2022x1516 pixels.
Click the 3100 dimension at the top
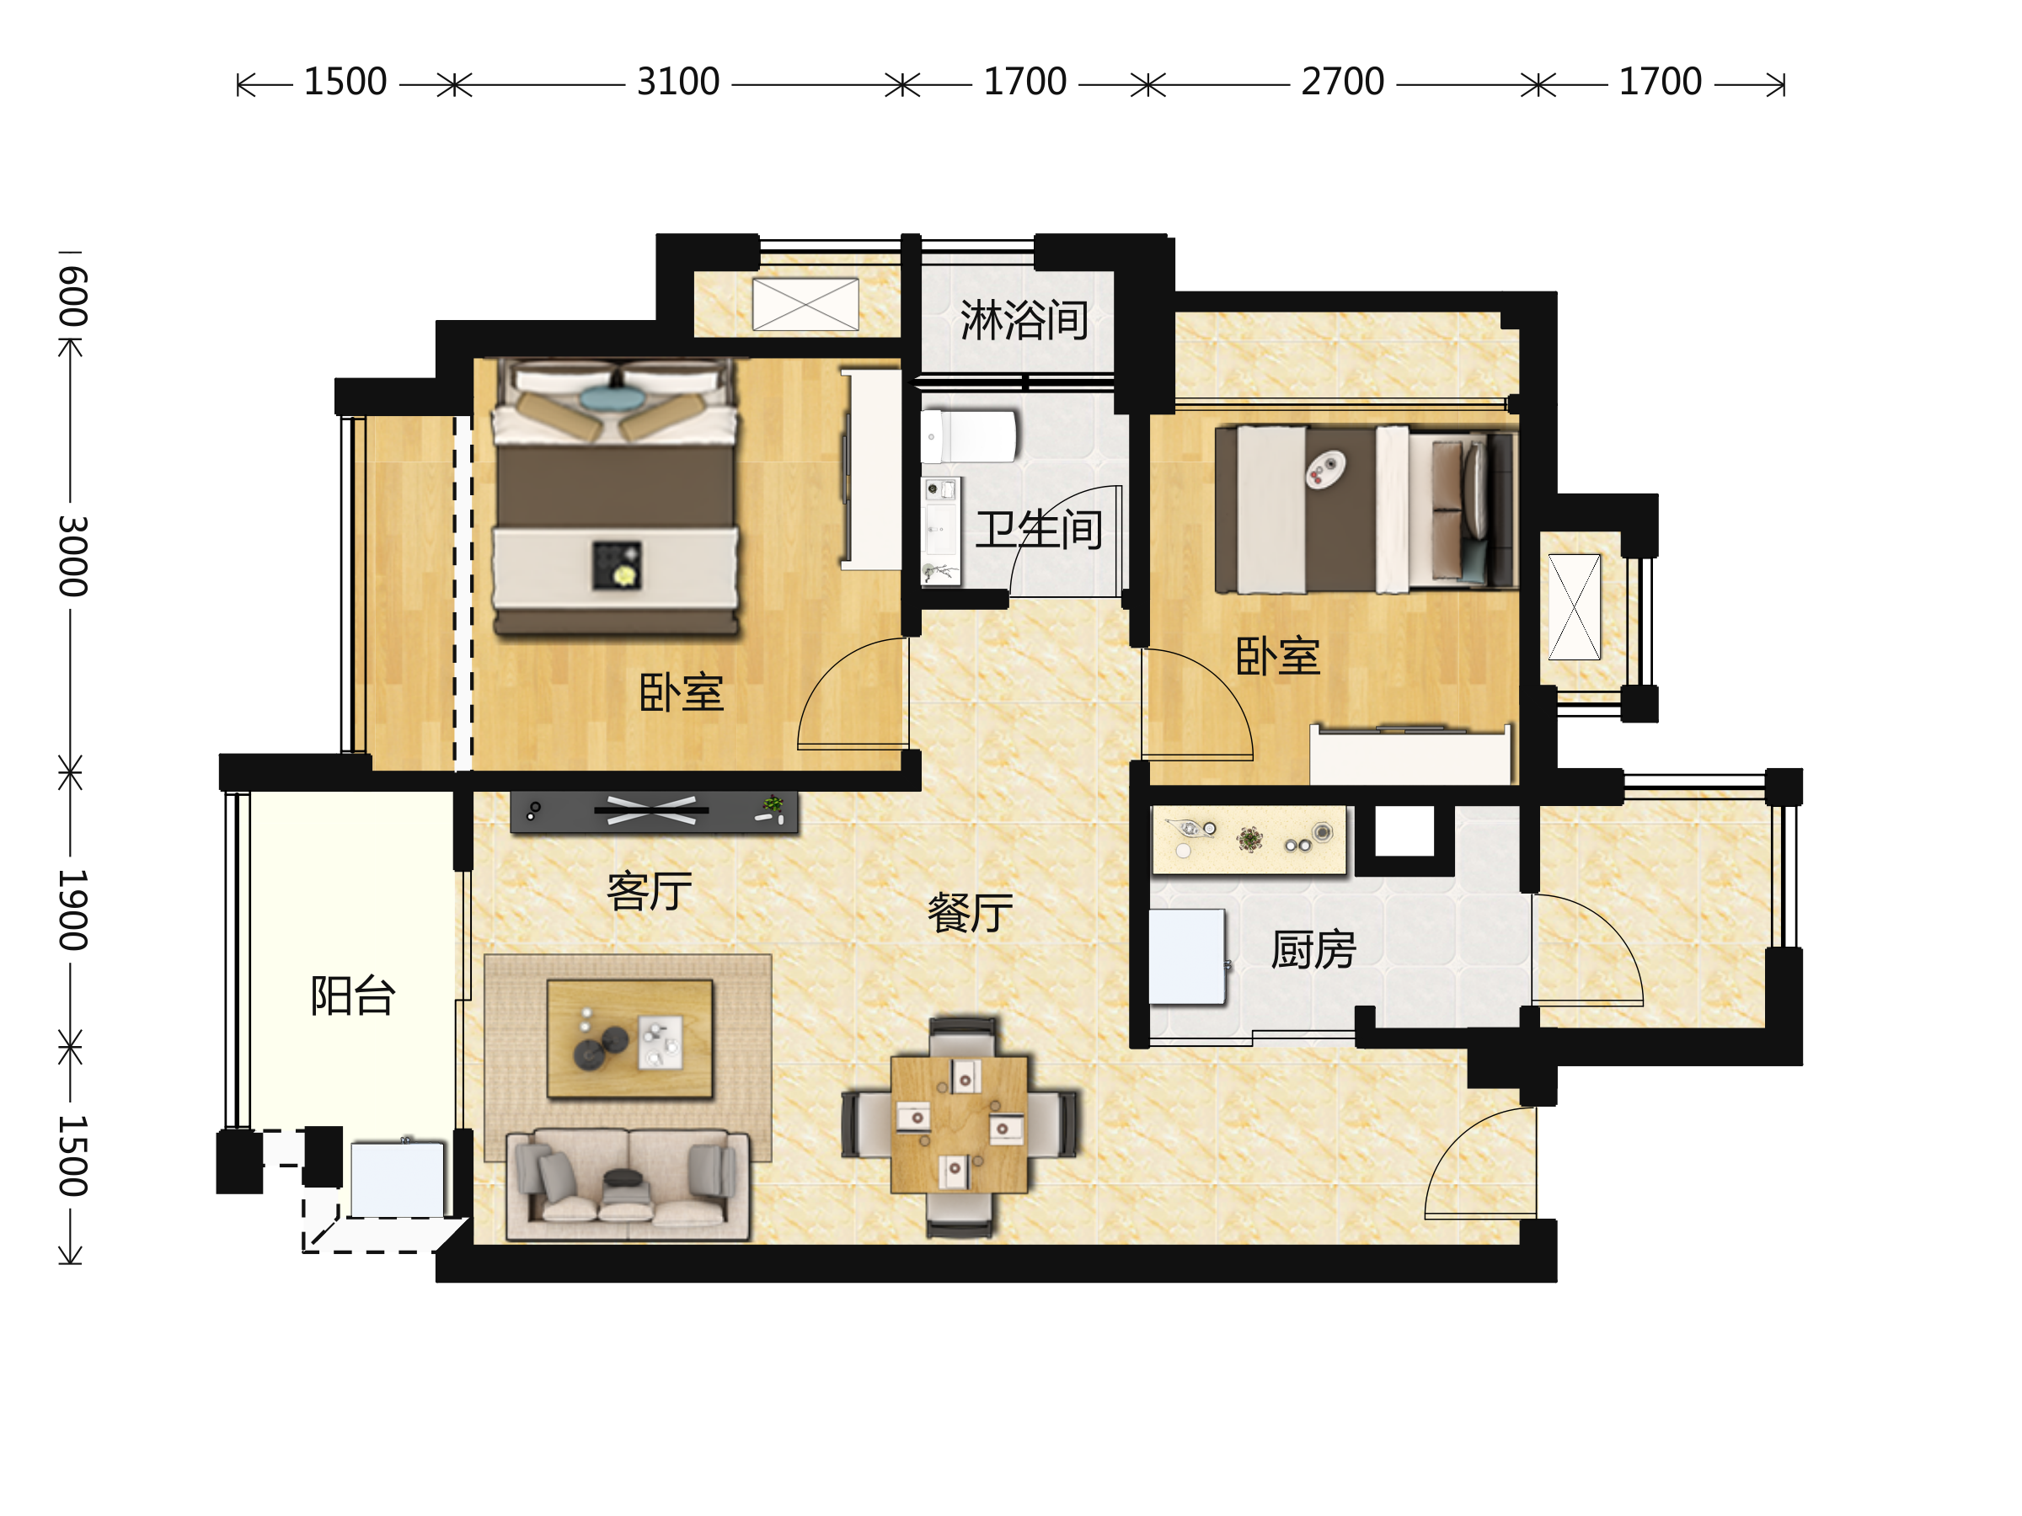point(678,83)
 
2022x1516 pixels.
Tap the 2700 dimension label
point(1342,83)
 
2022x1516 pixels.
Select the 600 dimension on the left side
point(72,297)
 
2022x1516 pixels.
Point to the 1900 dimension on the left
point(72,910)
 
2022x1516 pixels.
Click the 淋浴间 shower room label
point(1024,320)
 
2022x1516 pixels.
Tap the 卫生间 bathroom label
point(1040,530)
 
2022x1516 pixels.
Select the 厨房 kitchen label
point(1313,950)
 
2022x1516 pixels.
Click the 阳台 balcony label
point(353,996)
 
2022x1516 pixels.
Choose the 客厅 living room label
point(650,892)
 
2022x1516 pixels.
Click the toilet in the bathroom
point(968,437)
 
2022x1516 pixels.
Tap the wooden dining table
point(959,1124)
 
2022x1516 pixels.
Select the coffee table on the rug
point(630,1039)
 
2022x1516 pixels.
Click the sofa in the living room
point(628,1185)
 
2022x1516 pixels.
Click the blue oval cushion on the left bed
point(612,398)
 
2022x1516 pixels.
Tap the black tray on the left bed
point(617,565)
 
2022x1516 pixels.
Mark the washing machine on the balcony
point(398,1179)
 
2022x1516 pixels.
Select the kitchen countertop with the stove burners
point(1249,840)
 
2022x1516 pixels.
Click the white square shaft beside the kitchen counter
point(1405,832)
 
